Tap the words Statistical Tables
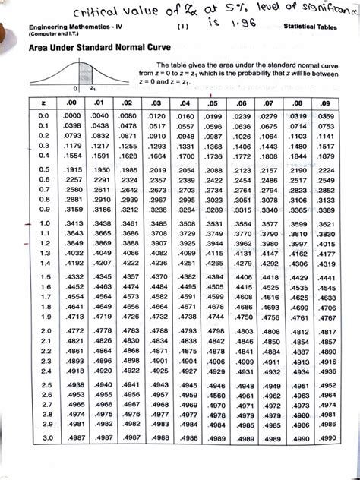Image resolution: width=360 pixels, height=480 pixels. tap(312, 27)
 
